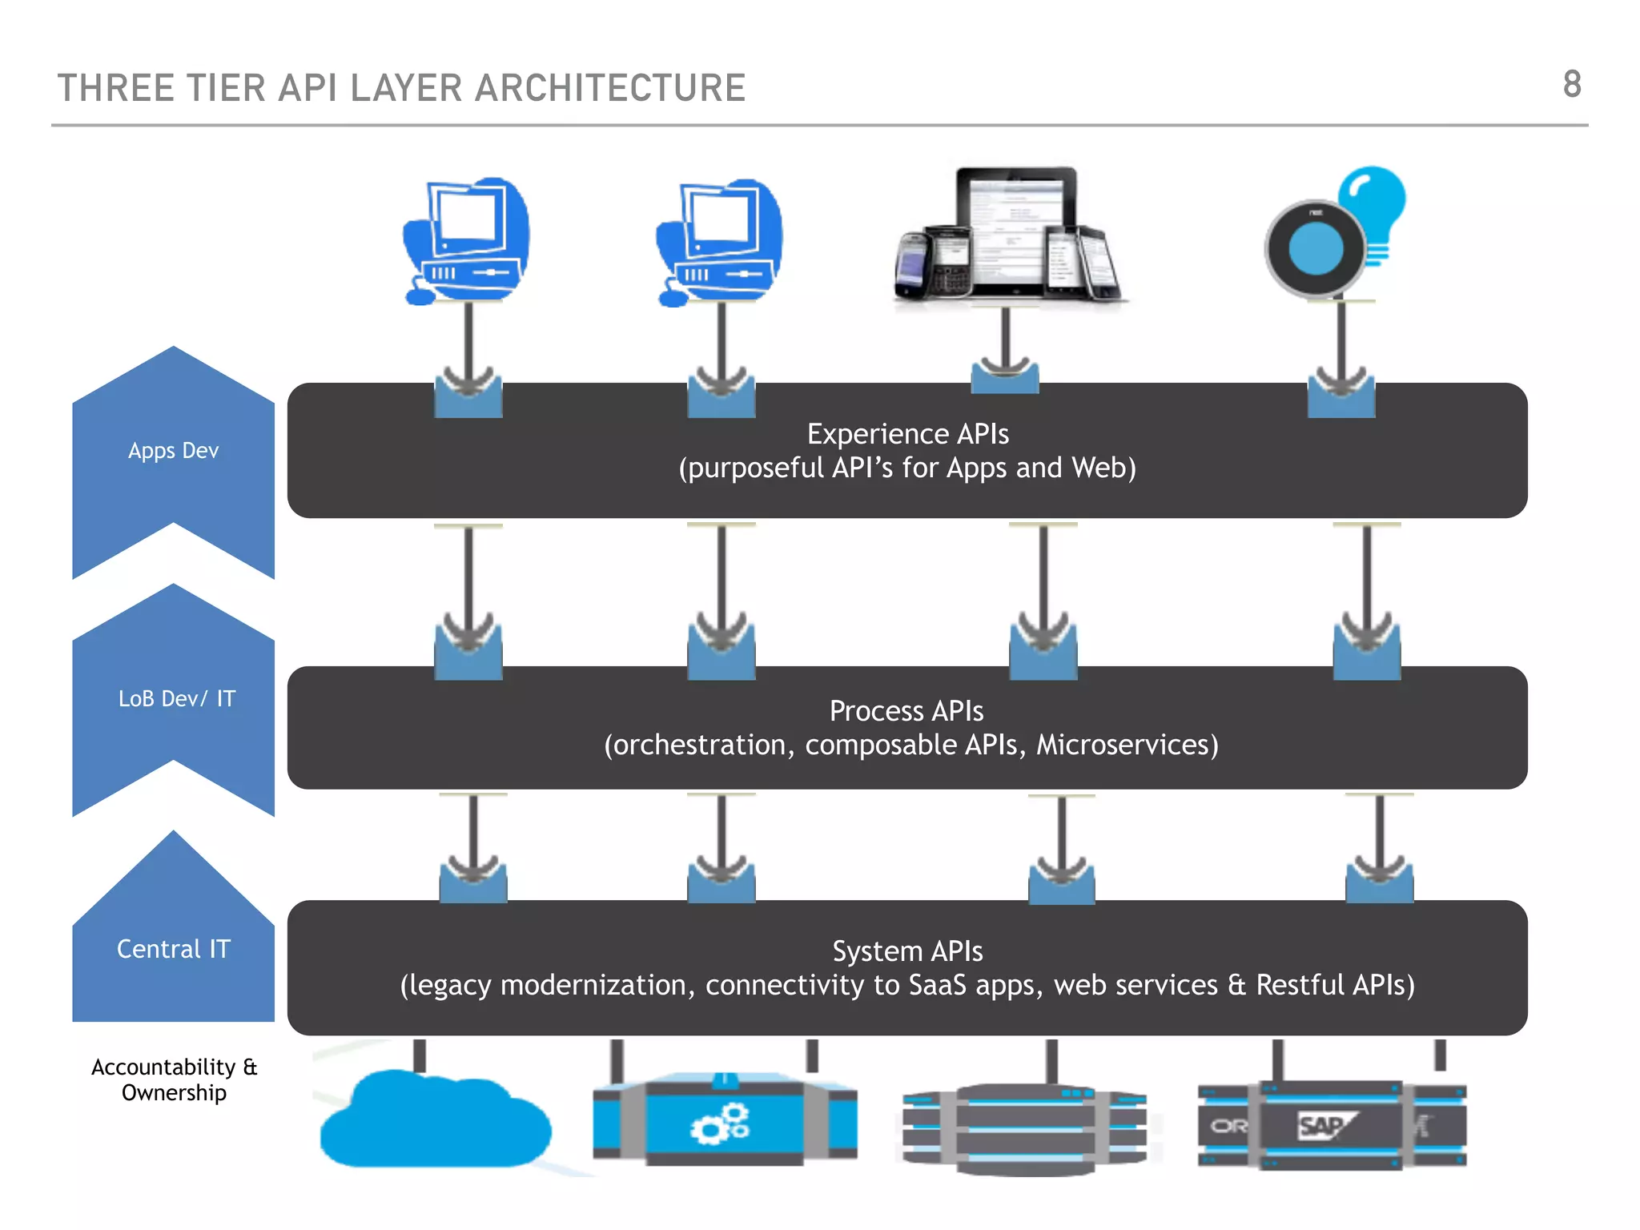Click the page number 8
[x=1571, y=85]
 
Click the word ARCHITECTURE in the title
[x=610, y=88]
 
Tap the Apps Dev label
[x=173, y=451]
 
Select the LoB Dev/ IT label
[x=176, y=699]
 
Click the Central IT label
[x=173, y=950]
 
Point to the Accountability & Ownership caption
[x=174, y=1079]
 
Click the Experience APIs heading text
[x=907, y=434]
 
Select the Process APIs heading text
[x=906, y=711]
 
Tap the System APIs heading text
[x=907, y=951]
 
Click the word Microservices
[x=1126, y=746]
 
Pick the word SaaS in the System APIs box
[x=937, y=985]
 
